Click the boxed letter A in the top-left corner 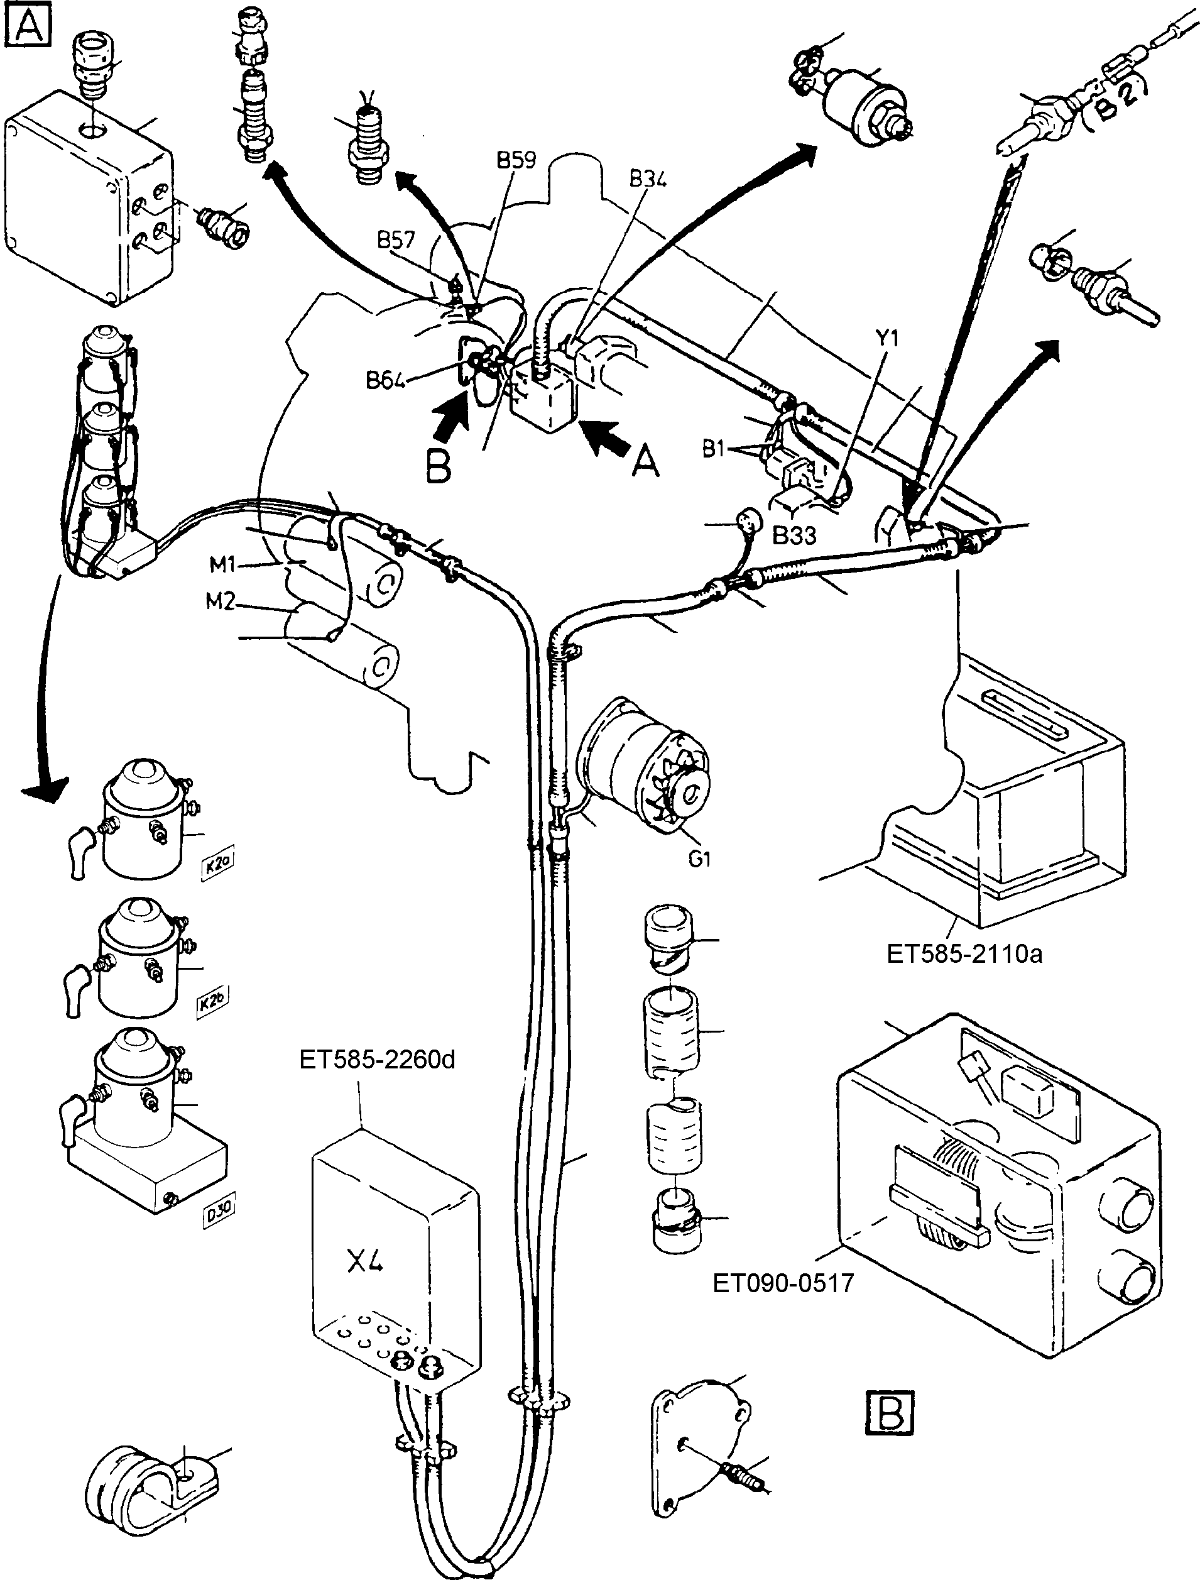tap(26, 26)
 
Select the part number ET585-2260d tap(377, 1058)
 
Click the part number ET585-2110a tap(964, 953)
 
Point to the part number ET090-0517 tap(783, 1283)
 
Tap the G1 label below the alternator tap(699, 859)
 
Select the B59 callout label tap(516, 160)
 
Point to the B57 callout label tap(396, 239)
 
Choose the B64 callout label tap(386, 380)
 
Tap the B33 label tap(794, 536)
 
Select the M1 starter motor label tap(222, 565)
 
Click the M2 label tap(221, 603)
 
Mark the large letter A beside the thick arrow tap(645, 463)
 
